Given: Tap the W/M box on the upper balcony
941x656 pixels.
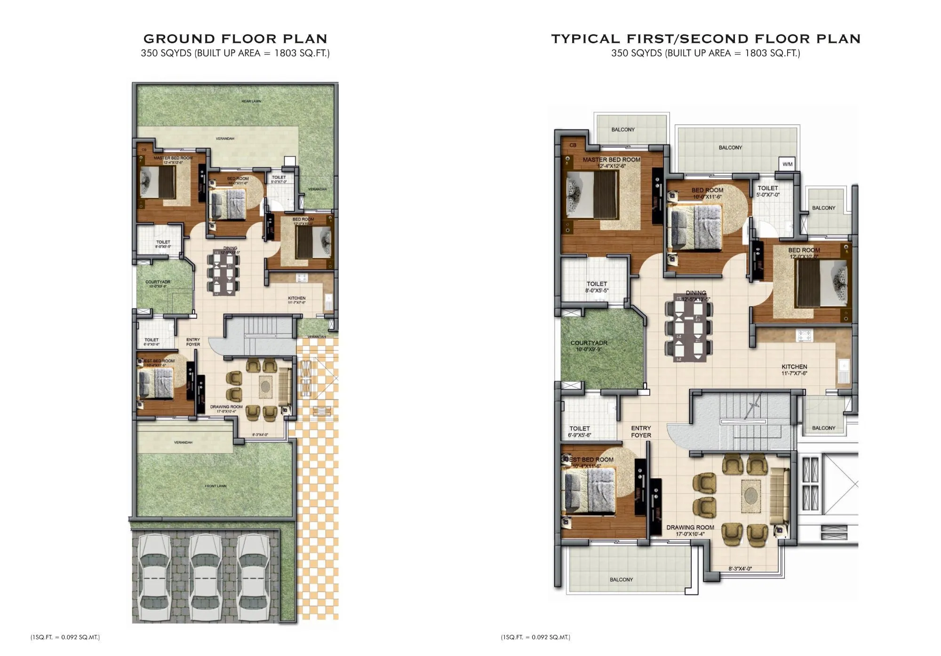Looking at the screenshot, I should pos(787,164).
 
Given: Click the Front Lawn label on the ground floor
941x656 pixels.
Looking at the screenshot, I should pos(215,486).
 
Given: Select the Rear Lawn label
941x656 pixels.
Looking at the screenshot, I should pos(251,101).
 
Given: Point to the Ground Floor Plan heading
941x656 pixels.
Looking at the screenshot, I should pos(235,39).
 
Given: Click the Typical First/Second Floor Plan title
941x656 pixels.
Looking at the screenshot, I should pos(706,39).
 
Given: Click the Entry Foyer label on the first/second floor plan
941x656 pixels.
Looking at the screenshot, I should pos(641,431).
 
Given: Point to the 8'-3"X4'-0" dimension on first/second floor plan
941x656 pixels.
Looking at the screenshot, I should pos(740,569).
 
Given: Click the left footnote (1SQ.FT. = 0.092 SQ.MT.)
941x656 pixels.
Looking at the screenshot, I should pos(65,637).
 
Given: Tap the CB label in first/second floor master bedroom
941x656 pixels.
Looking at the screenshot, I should pos(573,145).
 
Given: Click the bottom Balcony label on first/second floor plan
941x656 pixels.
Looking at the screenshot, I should pos(621,579).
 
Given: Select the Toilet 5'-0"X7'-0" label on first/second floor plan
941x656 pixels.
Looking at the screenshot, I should pos(768,191).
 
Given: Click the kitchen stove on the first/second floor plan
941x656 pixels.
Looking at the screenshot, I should pos(803,335).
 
